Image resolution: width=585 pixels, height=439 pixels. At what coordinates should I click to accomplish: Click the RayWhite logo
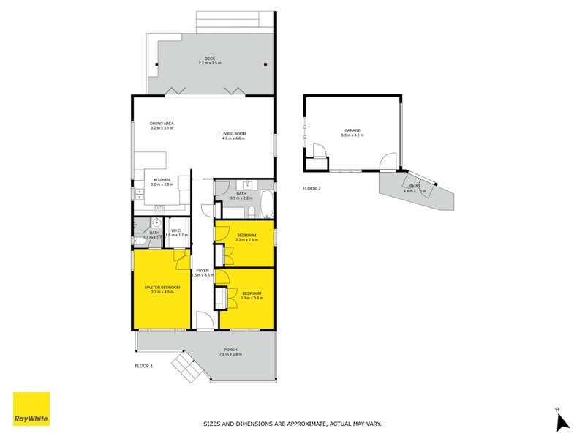pos(31,409)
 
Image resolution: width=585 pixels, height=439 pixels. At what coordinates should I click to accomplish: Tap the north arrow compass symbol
pos(562,421)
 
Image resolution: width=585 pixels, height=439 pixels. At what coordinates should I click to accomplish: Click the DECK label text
pos(210,59)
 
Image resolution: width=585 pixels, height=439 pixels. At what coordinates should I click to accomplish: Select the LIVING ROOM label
pos(234,133)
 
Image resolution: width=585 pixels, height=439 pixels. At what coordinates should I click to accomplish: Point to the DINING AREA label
pos(162,123)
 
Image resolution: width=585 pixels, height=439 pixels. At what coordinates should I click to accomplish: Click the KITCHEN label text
pos(162,179)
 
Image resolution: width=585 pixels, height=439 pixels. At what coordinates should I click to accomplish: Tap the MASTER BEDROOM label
pos(162,287)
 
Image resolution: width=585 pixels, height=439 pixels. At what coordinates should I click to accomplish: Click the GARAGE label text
pos(352,130)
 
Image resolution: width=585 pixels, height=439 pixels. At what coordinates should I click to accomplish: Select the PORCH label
pos(231,350)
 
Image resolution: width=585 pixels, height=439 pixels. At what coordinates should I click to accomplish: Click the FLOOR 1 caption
pos(144,365)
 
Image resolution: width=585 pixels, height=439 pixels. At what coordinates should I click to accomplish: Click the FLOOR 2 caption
pos(312,188)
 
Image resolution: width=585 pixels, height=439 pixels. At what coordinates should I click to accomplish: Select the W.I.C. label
pos(176,230)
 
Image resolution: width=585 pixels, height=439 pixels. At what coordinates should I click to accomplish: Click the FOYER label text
pos(202,270)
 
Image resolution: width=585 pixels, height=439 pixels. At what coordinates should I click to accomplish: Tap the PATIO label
pos(415,186)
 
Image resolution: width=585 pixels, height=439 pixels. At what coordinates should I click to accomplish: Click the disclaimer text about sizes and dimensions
pos(292,424)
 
